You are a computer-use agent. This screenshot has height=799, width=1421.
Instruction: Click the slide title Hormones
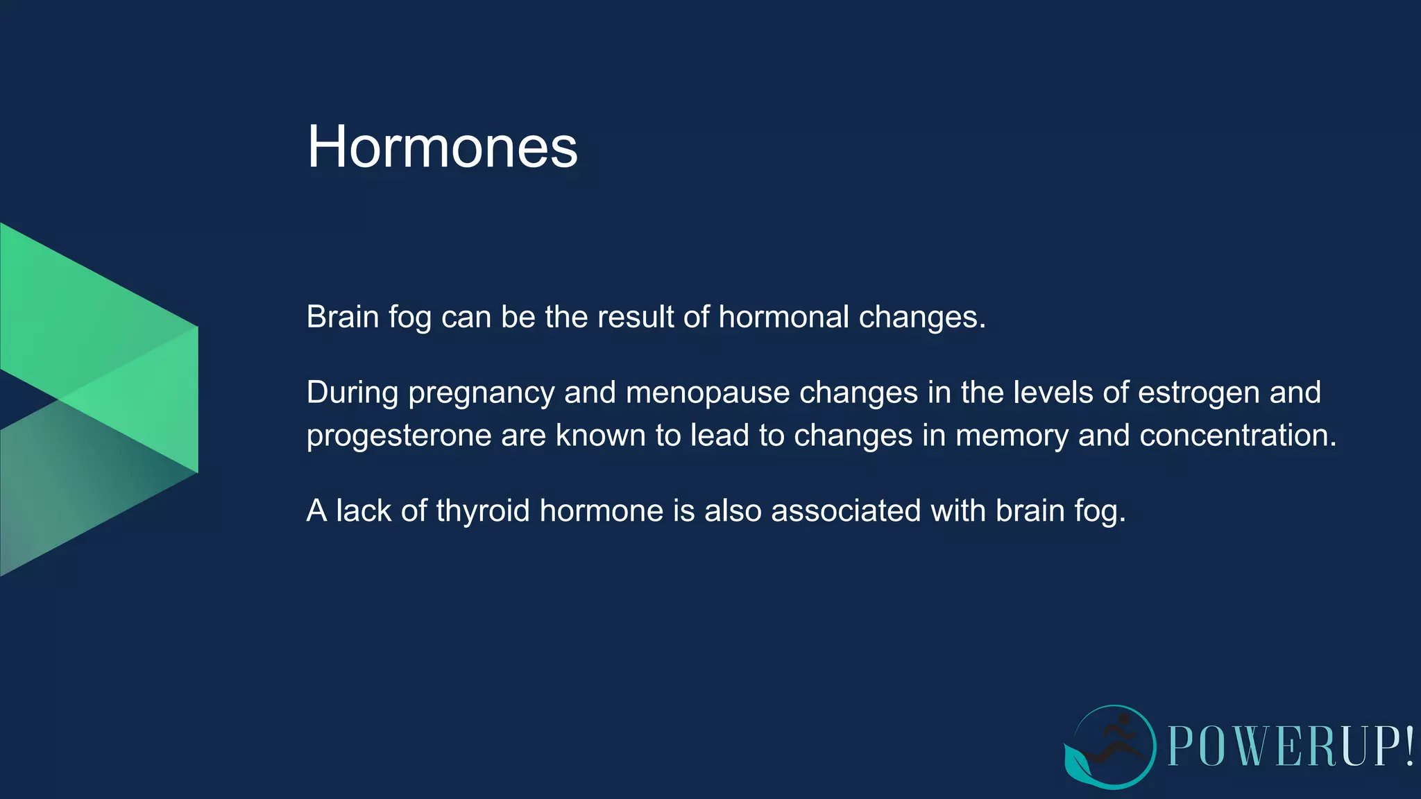[442, 146]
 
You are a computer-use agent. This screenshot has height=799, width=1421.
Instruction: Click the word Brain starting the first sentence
[343, 317]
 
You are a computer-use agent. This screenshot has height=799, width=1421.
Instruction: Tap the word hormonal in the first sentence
[783, 317]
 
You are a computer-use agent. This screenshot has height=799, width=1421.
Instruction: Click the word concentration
[1237, 436]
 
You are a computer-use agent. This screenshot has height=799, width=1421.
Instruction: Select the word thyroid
[482, 511]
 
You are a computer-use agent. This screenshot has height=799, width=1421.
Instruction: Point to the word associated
[846, 511]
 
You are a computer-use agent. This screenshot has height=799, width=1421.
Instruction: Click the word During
[352, 393]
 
